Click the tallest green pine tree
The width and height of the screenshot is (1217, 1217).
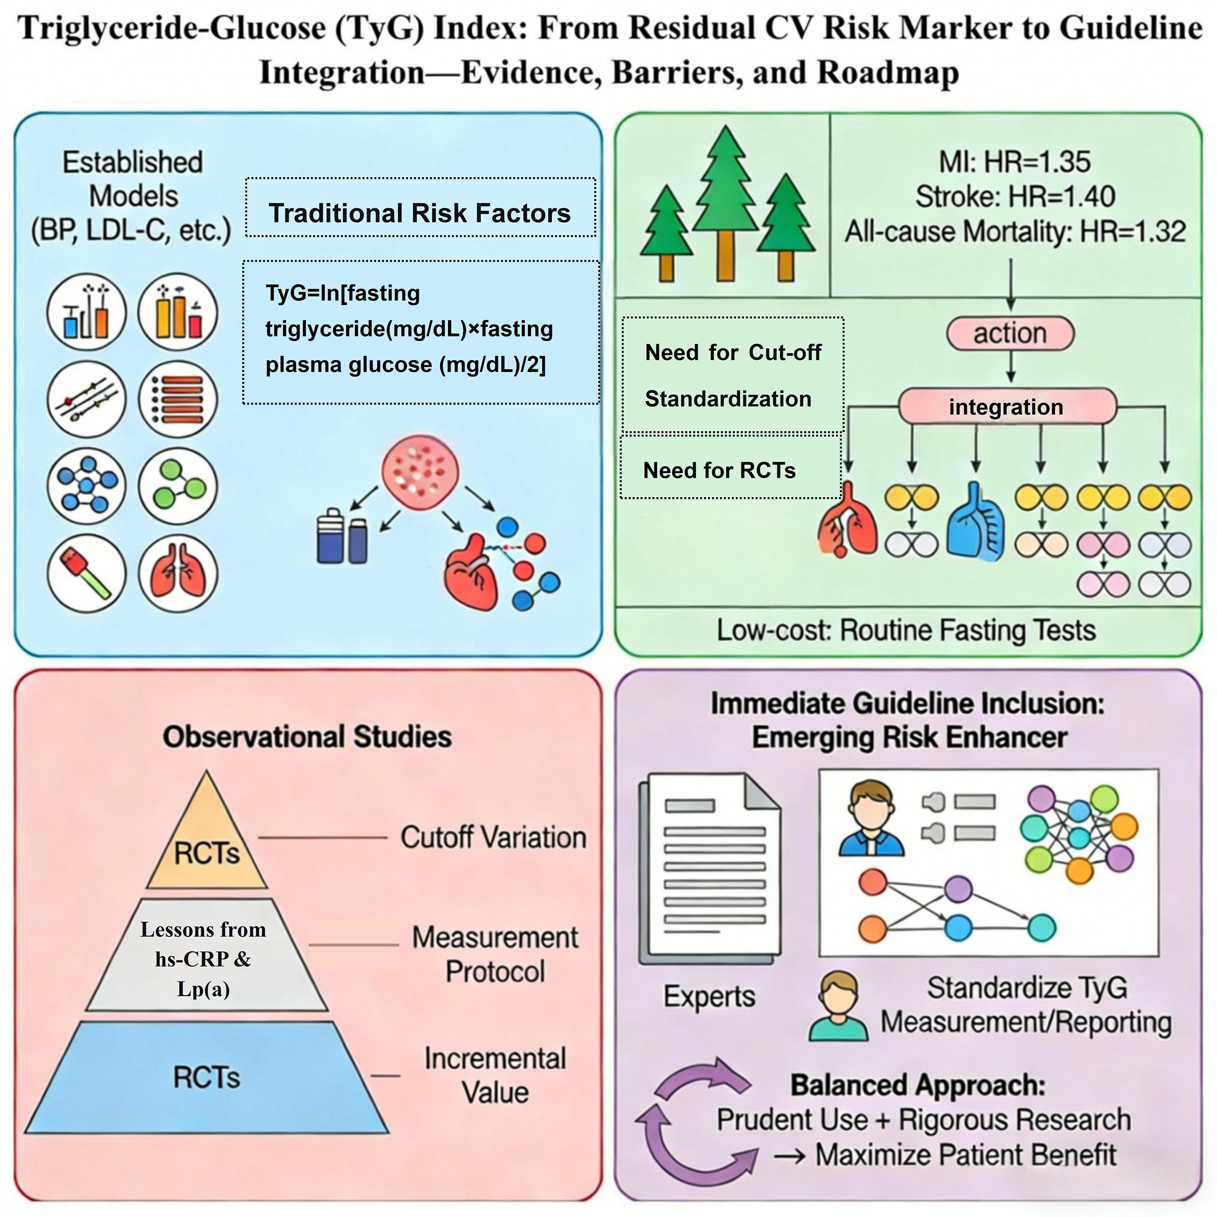726,195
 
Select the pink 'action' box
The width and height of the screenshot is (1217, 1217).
1010,333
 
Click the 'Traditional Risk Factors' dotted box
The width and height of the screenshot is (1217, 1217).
420,213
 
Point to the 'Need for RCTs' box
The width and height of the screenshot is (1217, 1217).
731,470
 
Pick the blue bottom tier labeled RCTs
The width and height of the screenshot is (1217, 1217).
207,1077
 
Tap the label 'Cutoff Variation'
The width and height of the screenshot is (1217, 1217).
493,838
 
